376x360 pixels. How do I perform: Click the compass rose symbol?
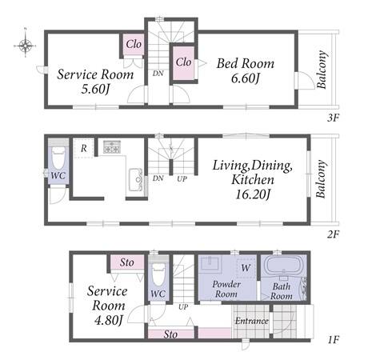(x=25, y=46)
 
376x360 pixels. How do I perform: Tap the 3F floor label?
(x=333, y=118)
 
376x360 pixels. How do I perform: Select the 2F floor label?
(x=333, y=234)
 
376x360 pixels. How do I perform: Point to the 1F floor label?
(x=334, y=340)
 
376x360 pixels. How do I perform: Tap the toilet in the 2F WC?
(x=58, y=159)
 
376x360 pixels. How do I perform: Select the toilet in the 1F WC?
(x=158, y=274)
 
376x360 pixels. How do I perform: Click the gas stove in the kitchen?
(x=112, y=146)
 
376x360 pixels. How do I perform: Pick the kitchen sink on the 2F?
(x=135, y=180)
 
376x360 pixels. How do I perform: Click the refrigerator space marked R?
(x=84, y=148)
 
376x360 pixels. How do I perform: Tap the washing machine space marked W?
(x=246, y=268)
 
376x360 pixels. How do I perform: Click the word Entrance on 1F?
(x=251, y=321)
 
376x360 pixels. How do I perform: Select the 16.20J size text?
(x=252, y=194)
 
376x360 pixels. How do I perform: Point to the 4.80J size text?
(x=109, y=320)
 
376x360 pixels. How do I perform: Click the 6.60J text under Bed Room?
(x=246, y=78)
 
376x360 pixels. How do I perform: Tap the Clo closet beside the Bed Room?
(x=183, y=63)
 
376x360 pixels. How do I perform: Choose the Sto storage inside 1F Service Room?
(x=127, y=262)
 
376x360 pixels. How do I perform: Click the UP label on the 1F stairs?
(x=183, y=307)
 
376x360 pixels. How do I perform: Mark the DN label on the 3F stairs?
(x=158, y=74)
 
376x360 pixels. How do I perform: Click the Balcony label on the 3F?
(x=322, y=70)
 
